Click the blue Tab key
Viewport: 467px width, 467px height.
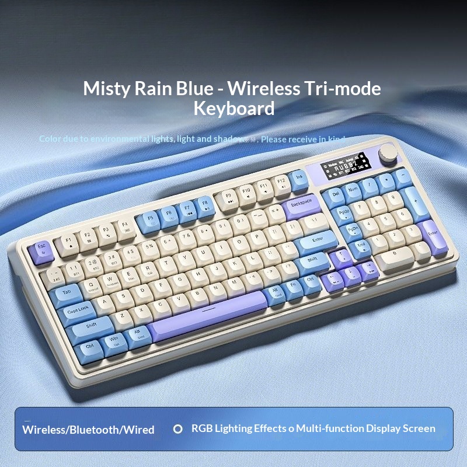point(67,291)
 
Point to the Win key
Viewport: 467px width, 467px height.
point(114,338)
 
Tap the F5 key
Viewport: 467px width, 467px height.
point(149,219)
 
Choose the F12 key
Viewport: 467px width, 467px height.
point(281,183)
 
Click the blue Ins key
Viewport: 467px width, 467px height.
point(299,178)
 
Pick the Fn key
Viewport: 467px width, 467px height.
point(294,285)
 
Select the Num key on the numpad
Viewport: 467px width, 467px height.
point(353,190)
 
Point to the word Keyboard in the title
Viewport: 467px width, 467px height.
point(233,109)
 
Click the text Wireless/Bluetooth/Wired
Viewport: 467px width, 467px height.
point(88,430)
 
